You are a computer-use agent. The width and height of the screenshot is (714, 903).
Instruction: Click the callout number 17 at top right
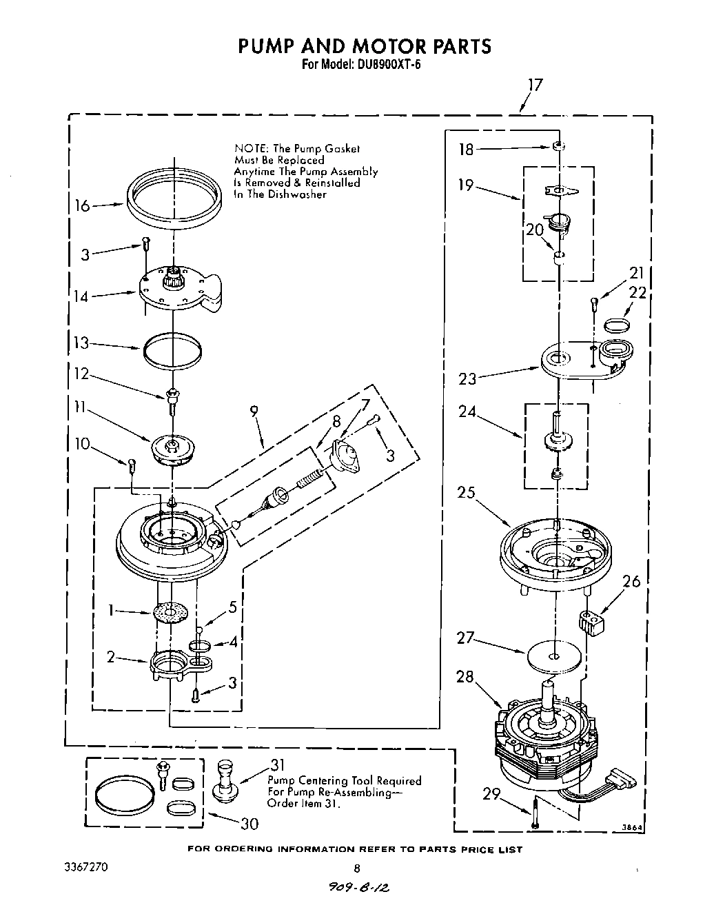click(535, 85)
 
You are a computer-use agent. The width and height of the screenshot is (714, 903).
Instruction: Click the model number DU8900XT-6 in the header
click(388, 65)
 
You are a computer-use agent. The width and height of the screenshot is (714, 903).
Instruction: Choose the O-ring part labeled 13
click(173, 349)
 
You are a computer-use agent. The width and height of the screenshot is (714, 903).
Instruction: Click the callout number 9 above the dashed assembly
click(254, 411)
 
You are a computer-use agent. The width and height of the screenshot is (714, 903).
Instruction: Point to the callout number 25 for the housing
click(467, 493)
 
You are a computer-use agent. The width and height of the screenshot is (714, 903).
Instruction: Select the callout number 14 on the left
click(82, 297)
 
